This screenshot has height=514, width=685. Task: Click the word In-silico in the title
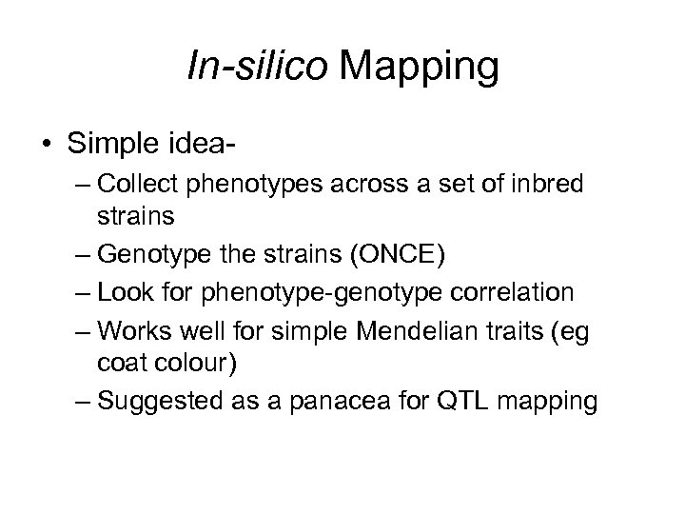pyautogui.click(x=253, y=68)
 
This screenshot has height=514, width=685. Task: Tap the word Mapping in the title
pyautogui.click(x=419, y=68)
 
